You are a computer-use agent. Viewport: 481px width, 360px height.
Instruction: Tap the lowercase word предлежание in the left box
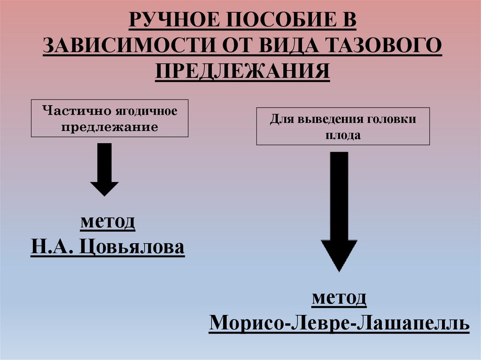109,127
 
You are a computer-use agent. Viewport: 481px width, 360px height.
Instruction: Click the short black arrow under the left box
104,169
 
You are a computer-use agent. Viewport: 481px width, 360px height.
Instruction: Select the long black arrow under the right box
339,211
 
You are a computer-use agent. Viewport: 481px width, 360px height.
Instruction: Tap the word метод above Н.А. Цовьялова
108,221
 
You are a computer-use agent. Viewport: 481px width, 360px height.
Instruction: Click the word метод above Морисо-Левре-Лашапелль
339,298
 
